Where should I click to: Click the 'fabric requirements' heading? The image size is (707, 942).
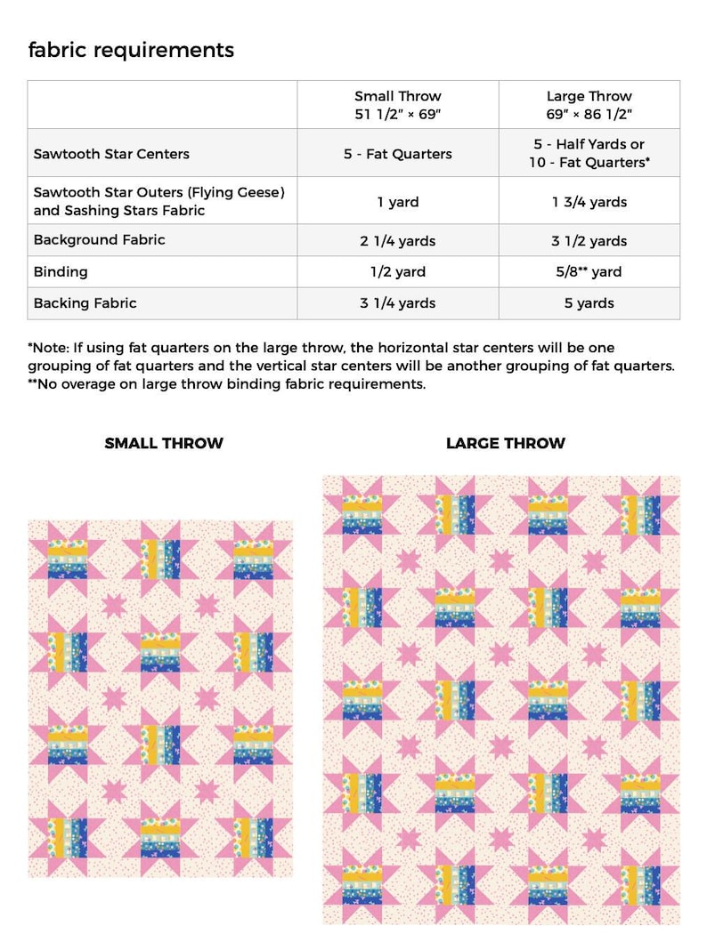(131, 50)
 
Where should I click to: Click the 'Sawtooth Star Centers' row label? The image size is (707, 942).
(111, 154)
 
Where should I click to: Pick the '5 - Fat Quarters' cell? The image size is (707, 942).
(397, 154)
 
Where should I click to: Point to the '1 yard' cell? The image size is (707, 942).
(397, 202)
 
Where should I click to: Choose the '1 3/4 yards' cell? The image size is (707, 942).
(589, 202)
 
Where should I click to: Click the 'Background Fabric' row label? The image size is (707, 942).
(99, 240)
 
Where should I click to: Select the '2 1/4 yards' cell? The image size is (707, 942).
(397, 241)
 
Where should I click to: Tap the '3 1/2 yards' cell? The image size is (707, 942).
(589, 241)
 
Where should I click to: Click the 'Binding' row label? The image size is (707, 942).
(61, 271)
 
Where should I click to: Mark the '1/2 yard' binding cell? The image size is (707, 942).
(397, 272)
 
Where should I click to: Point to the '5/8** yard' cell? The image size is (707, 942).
(589, 272)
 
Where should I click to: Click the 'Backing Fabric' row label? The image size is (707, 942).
(85, 303)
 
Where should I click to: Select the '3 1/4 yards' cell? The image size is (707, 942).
(397, 303)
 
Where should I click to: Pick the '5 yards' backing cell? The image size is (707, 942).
(589, 303)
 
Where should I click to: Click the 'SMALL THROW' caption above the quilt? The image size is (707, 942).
(164, 443)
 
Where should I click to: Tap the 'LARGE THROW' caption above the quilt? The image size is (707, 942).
(505, 443)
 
